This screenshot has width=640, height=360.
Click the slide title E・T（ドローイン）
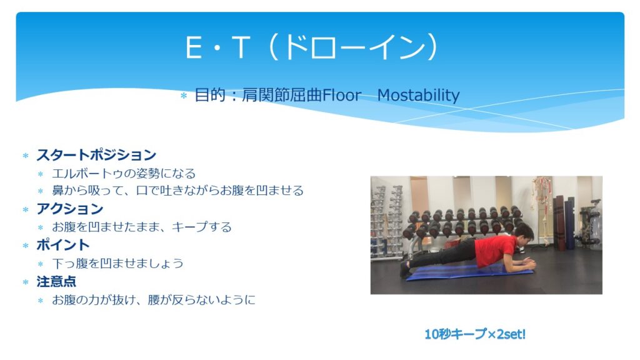(x=312, y=47)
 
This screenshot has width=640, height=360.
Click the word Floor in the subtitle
(x=342, y=95)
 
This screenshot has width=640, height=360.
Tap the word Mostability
(x=418, y=95)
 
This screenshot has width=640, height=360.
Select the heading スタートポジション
(x=96, y=155)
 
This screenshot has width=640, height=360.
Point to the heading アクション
(x=70, y=209)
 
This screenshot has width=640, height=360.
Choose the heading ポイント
(x=63, y=245)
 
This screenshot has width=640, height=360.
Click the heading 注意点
(x=56, y=281)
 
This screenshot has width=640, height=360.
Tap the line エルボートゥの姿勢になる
(x=124, y=174)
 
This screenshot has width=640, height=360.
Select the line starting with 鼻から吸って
(x=177, y=190)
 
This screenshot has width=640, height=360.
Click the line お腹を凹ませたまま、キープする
(x=142, y=226)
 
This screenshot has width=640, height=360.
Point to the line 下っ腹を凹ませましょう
(x=117, y=263)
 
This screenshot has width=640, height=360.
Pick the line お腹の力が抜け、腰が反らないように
(x=154, y=300)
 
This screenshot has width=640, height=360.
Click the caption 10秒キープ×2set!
(x=475, y=334)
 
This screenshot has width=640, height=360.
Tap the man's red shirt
(x=495, y=250)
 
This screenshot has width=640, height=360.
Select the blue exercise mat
(x=469, y=272)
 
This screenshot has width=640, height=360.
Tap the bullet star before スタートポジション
(x=26, y=156)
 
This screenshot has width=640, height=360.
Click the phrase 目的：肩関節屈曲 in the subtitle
(x=258, y=95)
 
